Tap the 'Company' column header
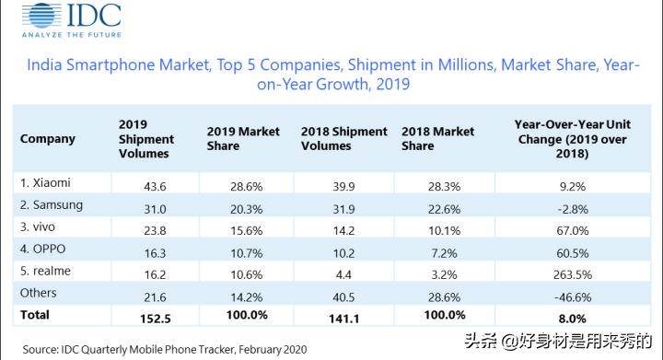(48, 139)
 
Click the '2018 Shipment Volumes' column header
(343, 139)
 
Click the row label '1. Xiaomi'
(45, 182)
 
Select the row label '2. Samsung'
(52, 204)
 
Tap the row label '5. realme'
(47, 271)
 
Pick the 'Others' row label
(39, 293)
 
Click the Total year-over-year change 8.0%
(565, 316)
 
